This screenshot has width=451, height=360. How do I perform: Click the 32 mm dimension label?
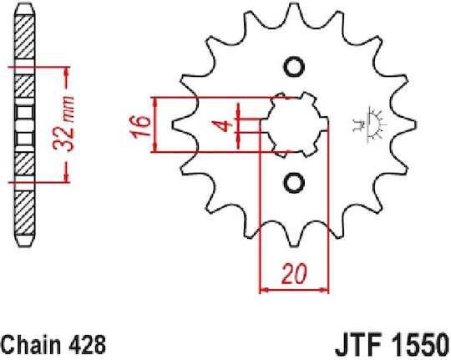coord(63,124)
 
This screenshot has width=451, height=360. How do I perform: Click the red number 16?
coord(141,127)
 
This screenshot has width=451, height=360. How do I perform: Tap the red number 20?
coord(294,273)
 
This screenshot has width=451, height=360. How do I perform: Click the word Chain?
coord(31,344)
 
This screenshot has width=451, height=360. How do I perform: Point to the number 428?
coord(88,344)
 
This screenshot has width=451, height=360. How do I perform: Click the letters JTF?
coord(358,345)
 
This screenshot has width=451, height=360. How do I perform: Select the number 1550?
coord(418,345)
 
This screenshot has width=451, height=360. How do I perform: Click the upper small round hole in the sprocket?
coord(294,68)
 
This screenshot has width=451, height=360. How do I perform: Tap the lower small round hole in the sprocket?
coord(294,183)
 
